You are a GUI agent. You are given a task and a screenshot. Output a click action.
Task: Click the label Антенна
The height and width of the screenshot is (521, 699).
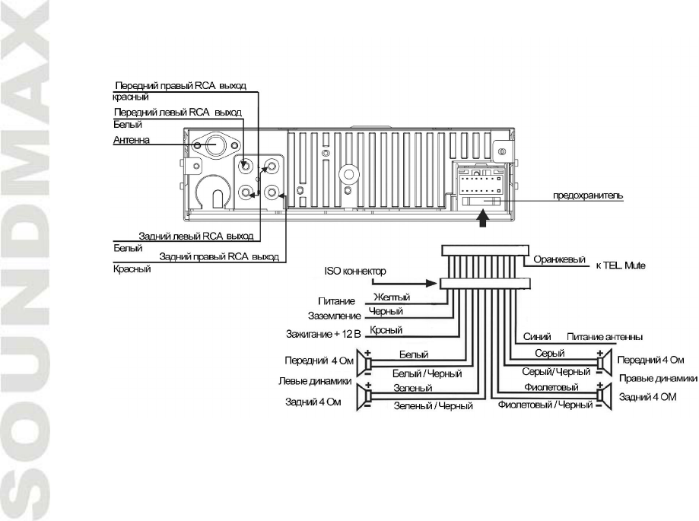click(x=126, y=140)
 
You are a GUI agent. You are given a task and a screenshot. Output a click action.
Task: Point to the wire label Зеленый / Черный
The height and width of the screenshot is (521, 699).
click(x=433, y=406)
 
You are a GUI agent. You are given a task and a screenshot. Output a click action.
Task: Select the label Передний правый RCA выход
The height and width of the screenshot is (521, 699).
click(x=180, y=86)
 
